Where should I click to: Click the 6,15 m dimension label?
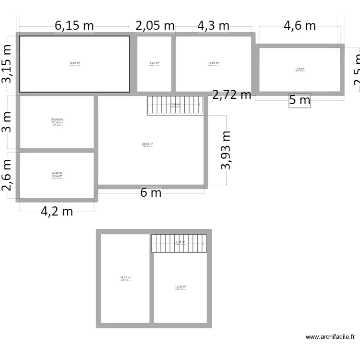[x=74, y=26]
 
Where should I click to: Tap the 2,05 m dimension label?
[x=155, y=26]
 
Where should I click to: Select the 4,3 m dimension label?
[x=214, y=26]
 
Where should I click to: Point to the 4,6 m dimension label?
[x=300, y=26]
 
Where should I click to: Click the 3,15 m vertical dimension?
[x=7, y=64]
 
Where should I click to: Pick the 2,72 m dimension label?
[x=232, y=95]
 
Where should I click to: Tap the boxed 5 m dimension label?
[x=300, y=100]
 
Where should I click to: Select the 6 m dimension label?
[x=151, y=193]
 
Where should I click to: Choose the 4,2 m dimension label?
[x=57, y=211]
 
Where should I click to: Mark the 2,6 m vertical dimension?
[x=7, y=175]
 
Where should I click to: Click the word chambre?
[x=57, y=120]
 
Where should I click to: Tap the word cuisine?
[x=57, y=173]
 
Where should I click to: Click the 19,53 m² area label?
[x=74, y=63]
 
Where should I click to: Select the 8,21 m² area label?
[x=154, y=63]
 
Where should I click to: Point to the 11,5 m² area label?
[x=300, y=69]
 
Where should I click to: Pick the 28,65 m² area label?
[x=147, y=144]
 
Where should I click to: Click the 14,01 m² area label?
[x=125, y=277]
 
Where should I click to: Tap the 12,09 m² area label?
[x=180, y=287]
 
